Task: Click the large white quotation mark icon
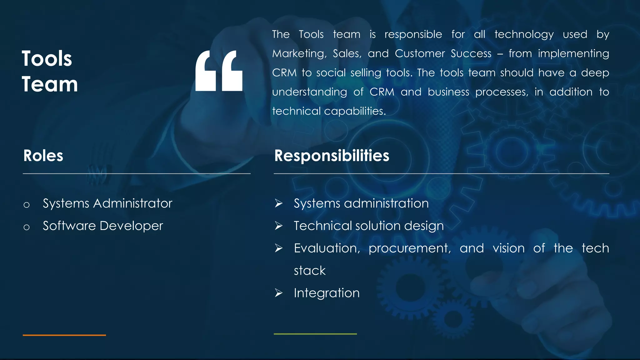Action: (219, 71)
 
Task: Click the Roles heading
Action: (43, 156)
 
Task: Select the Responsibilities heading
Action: (332, 156)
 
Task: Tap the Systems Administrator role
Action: (107, 203)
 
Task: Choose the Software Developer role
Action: (103, 226)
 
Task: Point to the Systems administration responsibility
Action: (361, 203)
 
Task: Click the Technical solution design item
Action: (368, 226)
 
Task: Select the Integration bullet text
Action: (327, 293)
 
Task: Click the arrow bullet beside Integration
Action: (278, 293)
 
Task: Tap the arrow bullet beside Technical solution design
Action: (278, 226)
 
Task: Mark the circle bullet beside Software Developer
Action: (27, 227)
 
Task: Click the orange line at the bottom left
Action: (64, 335)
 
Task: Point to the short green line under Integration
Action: (315, 334)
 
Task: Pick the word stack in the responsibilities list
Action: (309, 271)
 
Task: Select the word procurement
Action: (409, 248)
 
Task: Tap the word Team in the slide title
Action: (50, 84)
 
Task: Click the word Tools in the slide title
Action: (47, 59)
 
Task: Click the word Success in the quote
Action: (471, 54)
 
